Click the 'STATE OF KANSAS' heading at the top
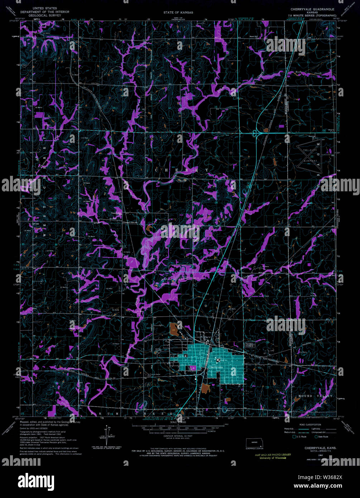click(x=178, y=12)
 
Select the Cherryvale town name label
click(x=216, y=368)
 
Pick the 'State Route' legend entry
click(x=321, y=437)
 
